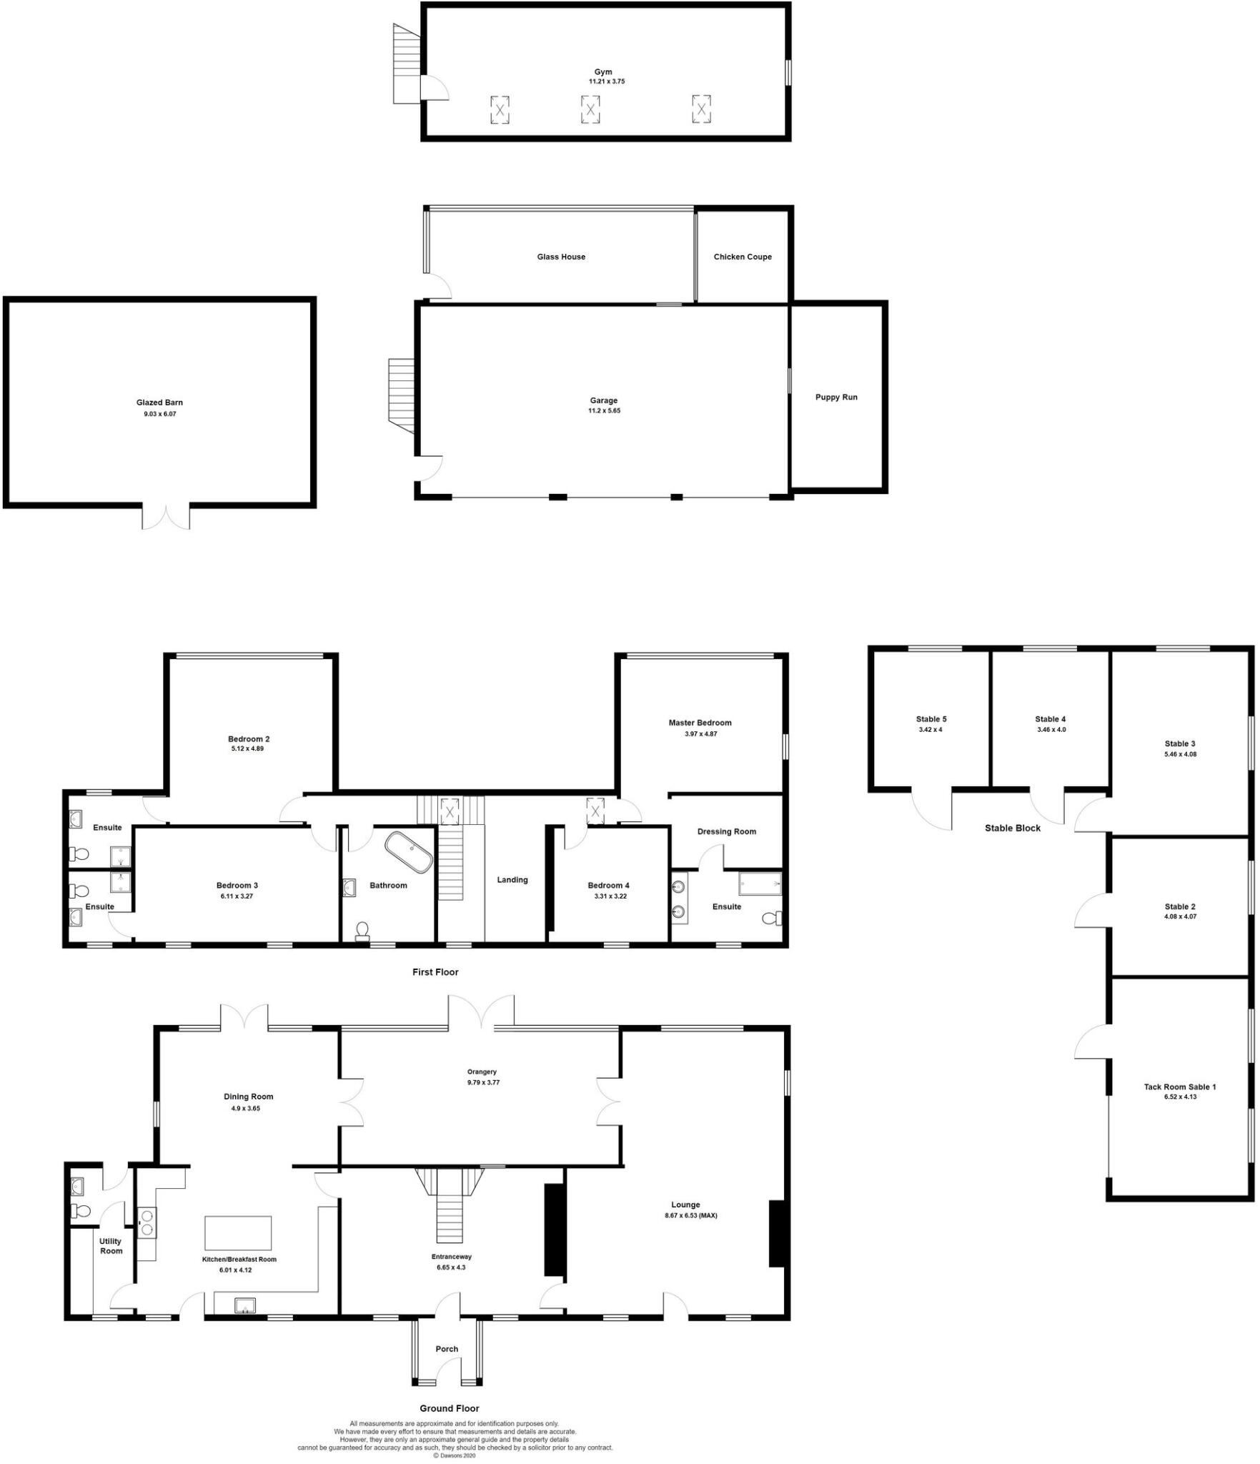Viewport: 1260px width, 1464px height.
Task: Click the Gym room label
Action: (603, 71)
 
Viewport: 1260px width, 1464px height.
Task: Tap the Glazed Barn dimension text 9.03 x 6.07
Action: (159, 414)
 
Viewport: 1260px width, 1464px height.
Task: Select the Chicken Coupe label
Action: (743, 257)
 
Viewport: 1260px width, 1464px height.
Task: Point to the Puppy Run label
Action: (836, 397)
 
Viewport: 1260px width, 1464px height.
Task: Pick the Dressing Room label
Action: (726, 831)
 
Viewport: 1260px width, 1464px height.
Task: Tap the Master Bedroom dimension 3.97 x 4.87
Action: (700, 733)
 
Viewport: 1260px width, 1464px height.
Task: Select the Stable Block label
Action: (1012, 828)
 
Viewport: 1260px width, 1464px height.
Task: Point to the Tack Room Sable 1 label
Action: (1179, 1087)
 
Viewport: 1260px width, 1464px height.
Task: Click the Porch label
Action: (447, 1349)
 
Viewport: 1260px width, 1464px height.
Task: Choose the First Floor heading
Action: (435, 971)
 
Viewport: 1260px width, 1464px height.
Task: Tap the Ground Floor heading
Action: (449, 1408)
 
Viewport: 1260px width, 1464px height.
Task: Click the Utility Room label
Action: (111, 1246)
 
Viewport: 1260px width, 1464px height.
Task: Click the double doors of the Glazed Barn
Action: (166, 516)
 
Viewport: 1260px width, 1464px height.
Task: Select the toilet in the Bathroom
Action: (362, 929)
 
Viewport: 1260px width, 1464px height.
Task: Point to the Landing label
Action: (512, 879)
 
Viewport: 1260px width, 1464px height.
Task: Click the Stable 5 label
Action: (931, 719)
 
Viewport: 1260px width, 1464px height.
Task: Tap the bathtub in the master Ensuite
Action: (760, 884)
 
